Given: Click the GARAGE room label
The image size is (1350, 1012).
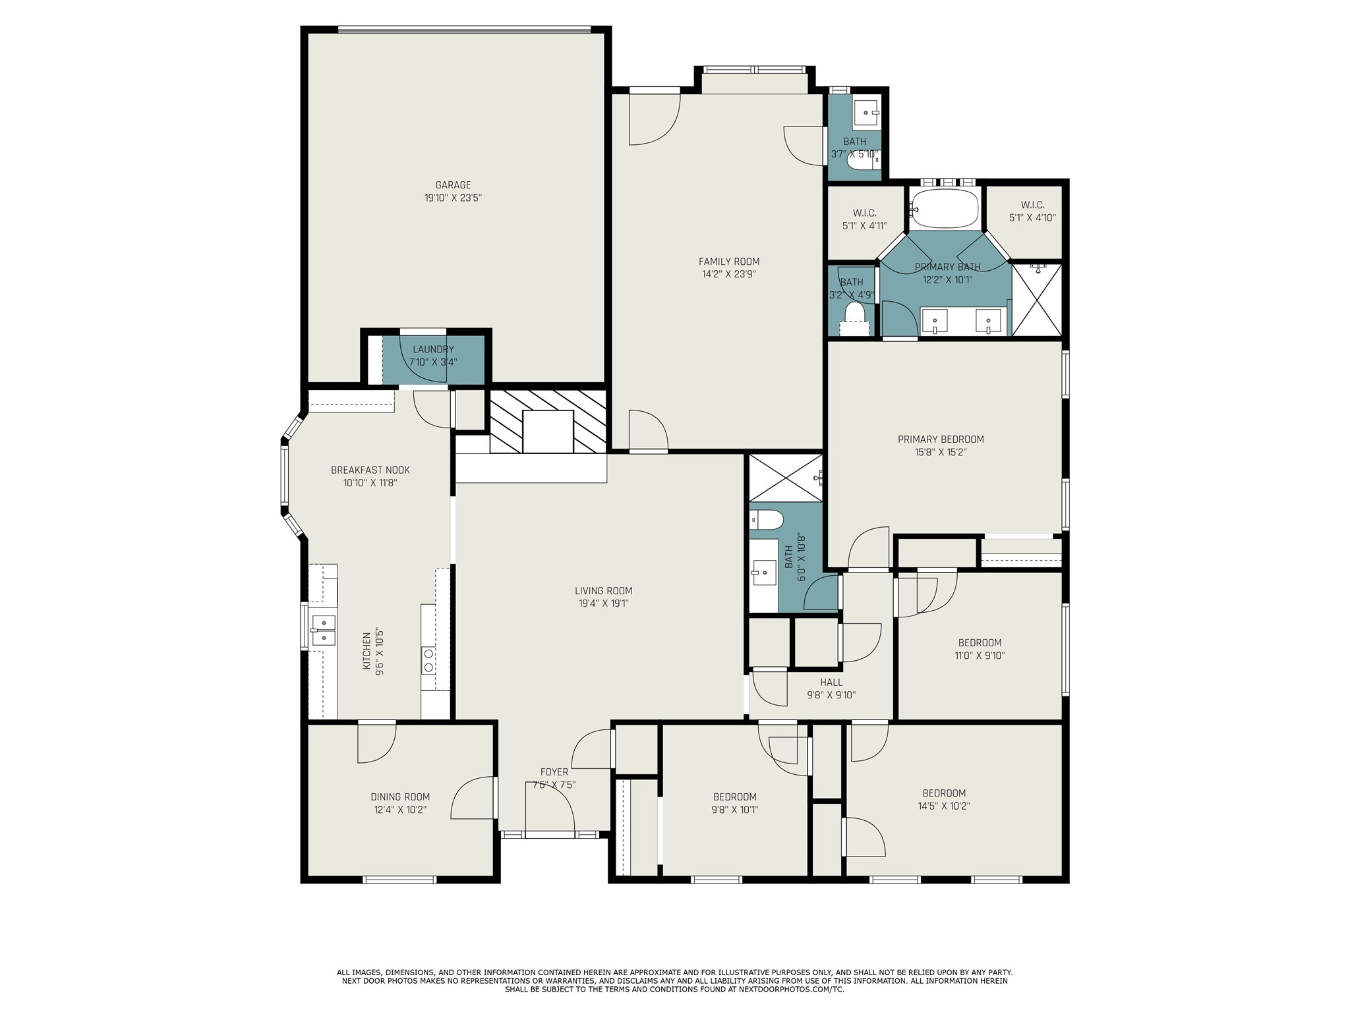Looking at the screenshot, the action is (453, 185).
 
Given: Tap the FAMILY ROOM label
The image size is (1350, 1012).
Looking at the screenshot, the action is (729, 262).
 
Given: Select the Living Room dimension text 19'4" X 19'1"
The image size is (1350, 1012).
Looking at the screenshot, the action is (603, 604).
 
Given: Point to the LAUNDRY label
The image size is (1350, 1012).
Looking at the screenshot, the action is (433, 349).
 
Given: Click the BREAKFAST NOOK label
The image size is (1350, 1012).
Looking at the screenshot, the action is (370, 470).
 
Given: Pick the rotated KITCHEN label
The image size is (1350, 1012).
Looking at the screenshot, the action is (367, 652).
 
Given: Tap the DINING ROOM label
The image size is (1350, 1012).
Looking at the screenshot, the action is (400, 797).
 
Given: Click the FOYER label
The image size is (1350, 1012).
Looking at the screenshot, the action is (554, 772).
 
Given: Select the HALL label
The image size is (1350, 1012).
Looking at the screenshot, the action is (831, 683).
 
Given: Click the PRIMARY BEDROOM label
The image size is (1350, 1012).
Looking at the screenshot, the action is (941, 439).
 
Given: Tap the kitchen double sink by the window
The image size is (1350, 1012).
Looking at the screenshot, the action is (323, 630).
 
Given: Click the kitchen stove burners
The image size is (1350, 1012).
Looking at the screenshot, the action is (428, 661).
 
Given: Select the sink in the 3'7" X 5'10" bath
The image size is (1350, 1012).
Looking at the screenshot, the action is (866, 113).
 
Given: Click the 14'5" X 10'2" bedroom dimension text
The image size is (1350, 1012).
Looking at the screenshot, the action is (944, 806).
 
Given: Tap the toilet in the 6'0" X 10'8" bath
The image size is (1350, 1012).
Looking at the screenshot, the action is (766, 520).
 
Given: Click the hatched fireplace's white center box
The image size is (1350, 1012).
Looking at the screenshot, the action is (548, 432).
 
